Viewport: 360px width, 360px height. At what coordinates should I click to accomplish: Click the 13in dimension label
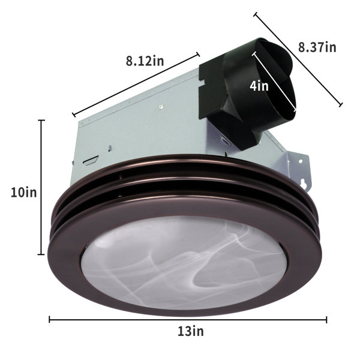tap(191, 331)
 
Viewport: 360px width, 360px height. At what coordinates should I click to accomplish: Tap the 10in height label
tap(24, 192)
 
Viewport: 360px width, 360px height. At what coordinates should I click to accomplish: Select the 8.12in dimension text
tap(145, 61)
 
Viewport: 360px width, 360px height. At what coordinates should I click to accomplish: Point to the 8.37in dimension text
tap(317, 47)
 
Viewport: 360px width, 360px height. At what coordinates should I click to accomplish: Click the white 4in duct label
tap(259, 86)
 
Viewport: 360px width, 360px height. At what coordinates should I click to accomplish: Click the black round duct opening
tap(274, 78)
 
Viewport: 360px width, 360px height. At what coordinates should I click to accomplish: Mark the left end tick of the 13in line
tap(50, 319)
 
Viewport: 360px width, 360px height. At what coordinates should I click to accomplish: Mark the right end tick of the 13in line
tap(326, 319)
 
